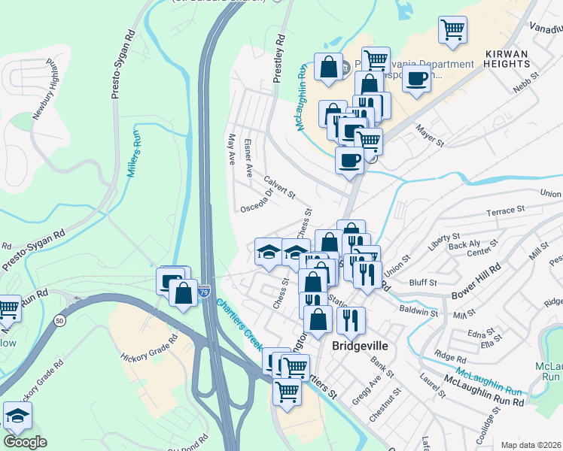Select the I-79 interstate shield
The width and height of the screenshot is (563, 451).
pyautogui.click(x=205, y=290)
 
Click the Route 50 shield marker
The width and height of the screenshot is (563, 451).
pyautogui.click(x=60, y=321)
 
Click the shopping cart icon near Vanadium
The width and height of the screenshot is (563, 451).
pyautogui.click(x=452, y=30)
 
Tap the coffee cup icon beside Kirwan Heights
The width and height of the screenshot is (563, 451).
pyautogui.click(x=416, y=77)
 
